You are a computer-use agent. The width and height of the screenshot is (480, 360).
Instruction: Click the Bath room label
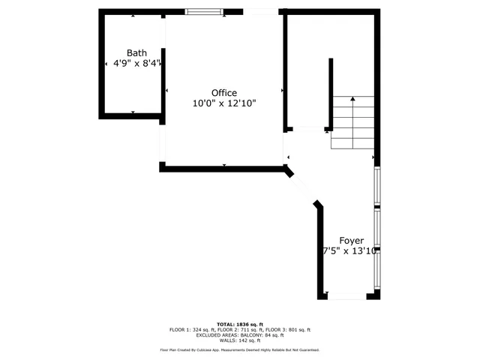click(x=136, y=52)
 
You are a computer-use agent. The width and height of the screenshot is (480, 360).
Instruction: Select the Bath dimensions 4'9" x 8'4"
click(x=136, y=64)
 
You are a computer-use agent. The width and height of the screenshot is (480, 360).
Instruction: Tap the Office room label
click(x=223, y=93)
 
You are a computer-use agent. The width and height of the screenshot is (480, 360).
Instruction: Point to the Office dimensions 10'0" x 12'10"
click(x=223, y=103)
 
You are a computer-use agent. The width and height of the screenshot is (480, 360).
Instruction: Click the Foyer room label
click(x=352, y=241)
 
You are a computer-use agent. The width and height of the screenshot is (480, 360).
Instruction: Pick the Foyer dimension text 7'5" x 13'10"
click(x=349, y=251)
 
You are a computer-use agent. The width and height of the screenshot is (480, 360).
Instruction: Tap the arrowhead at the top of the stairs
click(x=352, y=98)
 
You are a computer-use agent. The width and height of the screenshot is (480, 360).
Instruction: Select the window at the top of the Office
click(x=204, y=11)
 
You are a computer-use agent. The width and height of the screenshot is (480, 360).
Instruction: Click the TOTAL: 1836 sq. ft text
click(x=239, y=323)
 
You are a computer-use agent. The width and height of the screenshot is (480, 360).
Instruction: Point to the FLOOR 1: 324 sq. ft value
click(x=193, y=329)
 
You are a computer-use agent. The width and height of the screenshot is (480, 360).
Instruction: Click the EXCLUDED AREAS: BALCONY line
click(x=239, y=335)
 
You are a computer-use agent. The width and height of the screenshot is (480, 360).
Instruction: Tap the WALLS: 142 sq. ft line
click(x=239, y=340)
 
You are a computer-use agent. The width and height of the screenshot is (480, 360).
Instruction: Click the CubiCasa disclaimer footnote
click(x=239, y=349)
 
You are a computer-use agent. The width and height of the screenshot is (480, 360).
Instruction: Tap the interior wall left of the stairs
click(x=330, y=94)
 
